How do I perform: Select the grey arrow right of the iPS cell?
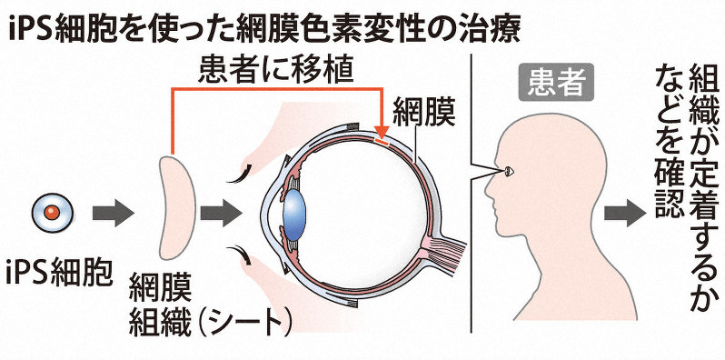[114, 215]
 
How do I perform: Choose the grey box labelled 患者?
[556, 84]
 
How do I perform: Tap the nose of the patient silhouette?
[488, 190]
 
